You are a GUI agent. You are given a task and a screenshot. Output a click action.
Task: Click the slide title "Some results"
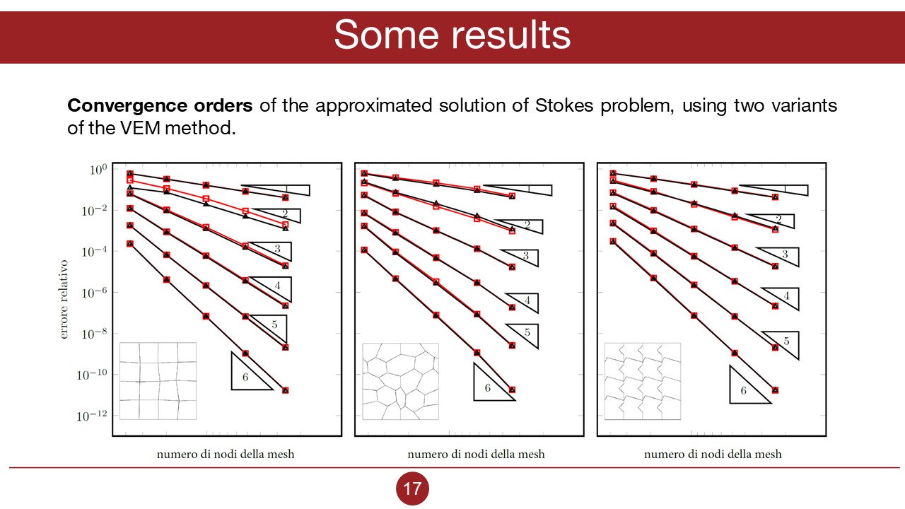452,34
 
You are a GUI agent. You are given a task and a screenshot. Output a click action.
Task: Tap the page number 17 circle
412,488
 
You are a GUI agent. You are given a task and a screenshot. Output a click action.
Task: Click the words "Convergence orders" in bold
160,106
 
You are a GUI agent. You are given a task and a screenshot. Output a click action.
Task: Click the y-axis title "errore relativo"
64,299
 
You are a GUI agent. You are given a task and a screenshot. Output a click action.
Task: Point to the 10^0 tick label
98,170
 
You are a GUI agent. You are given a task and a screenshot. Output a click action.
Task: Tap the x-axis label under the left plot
226,454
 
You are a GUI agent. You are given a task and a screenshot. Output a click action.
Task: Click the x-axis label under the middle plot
476,454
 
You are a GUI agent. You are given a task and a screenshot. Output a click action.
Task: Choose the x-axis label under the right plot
713,454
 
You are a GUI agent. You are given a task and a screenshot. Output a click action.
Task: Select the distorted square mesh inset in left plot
158,380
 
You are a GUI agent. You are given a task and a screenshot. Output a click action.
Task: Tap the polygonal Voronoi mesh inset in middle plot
400,381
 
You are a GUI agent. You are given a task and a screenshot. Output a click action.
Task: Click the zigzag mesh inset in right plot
643,381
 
